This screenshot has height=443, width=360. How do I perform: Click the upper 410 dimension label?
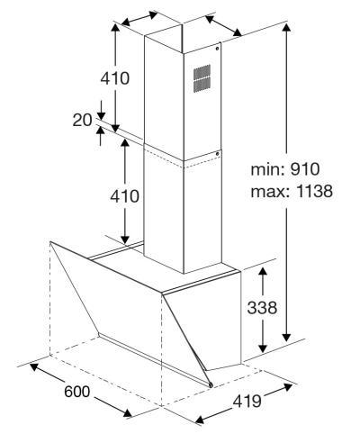[x=115, y=78]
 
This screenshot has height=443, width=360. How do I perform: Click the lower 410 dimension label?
[x=124, y=196]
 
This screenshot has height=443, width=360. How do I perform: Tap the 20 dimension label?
[x=82, y=121]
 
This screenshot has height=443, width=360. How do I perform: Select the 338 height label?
[x=262, y=308]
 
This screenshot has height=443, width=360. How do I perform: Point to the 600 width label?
[x=77, y=392]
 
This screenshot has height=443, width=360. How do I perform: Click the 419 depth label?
[x=247, y=401]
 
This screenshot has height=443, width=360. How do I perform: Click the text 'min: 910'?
[x=285, y=169]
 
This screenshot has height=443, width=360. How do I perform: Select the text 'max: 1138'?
[x=292, y=191]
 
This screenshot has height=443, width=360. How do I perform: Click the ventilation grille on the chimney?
[x=202, y=78]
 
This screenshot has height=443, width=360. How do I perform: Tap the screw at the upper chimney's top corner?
[x=218, y=49]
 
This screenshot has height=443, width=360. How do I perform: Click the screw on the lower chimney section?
[x=218, y=154]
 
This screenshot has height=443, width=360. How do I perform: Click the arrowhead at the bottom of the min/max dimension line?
[x=287, y=337]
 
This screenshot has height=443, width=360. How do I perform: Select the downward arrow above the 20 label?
[x=101, y=111]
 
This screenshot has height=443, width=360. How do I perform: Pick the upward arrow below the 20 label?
[x=101, y=136]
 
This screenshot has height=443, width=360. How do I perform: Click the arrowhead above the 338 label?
[x=263, y=272]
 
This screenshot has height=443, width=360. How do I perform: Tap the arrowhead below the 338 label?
[x=263, y=348]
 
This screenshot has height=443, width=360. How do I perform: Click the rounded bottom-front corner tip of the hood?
[x=211, y=385]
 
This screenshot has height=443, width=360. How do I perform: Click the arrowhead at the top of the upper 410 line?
[x=115, y=28]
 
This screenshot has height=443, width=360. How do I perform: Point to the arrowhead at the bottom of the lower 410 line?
[x=125, y=240]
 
